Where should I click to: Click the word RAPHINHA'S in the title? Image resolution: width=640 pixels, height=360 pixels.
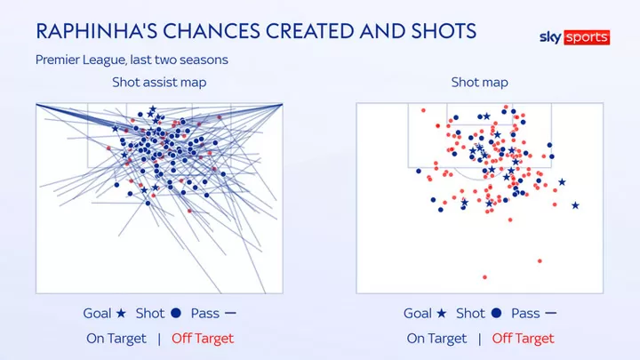tap(97, 31)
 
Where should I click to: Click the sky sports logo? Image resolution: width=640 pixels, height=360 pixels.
tap(575, 37)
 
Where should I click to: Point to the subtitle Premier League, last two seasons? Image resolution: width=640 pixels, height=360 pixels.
tap(132, 60)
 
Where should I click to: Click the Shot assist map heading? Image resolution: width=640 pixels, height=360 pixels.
tap(159, 83)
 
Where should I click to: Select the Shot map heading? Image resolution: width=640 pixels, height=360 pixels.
tap(480, 83)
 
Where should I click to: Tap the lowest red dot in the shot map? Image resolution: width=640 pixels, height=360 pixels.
tap(484, 277)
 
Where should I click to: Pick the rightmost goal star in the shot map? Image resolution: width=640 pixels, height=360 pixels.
tap(575, 205)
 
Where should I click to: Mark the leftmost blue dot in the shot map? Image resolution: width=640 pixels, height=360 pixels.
tap(419, 171)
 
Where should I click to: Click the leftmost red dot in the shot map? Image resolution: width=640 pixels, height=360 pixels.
tap(423, 110)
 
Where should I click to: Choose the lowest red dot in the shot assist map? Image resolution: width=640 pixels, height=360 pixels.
tap(189, 211)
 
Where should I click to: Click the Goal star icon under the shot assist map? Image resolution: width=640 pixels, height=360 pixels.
tap(121, 313)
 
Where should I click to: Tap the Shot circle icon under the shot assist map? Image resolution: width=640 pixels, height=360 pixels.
tap(176, 313)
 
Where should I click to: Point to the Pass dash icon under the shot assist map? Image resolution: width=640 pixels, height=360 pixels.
tap(230, 313)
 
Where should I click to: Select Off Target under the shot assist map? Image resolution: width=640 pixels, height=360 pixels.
tap(203, 339)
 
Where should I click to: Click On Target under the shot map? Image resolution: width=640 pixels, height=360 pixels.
tap(436, 339)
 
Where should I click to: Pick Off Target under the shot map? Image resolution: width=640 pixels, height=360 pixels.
tap(524, 339)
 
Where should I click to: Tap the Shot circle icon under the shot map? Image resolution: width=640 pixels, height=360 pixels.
tap(496, 313)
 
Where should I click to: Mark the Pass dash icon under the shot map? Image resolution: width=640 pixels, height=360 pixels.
tap(550, 313)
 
